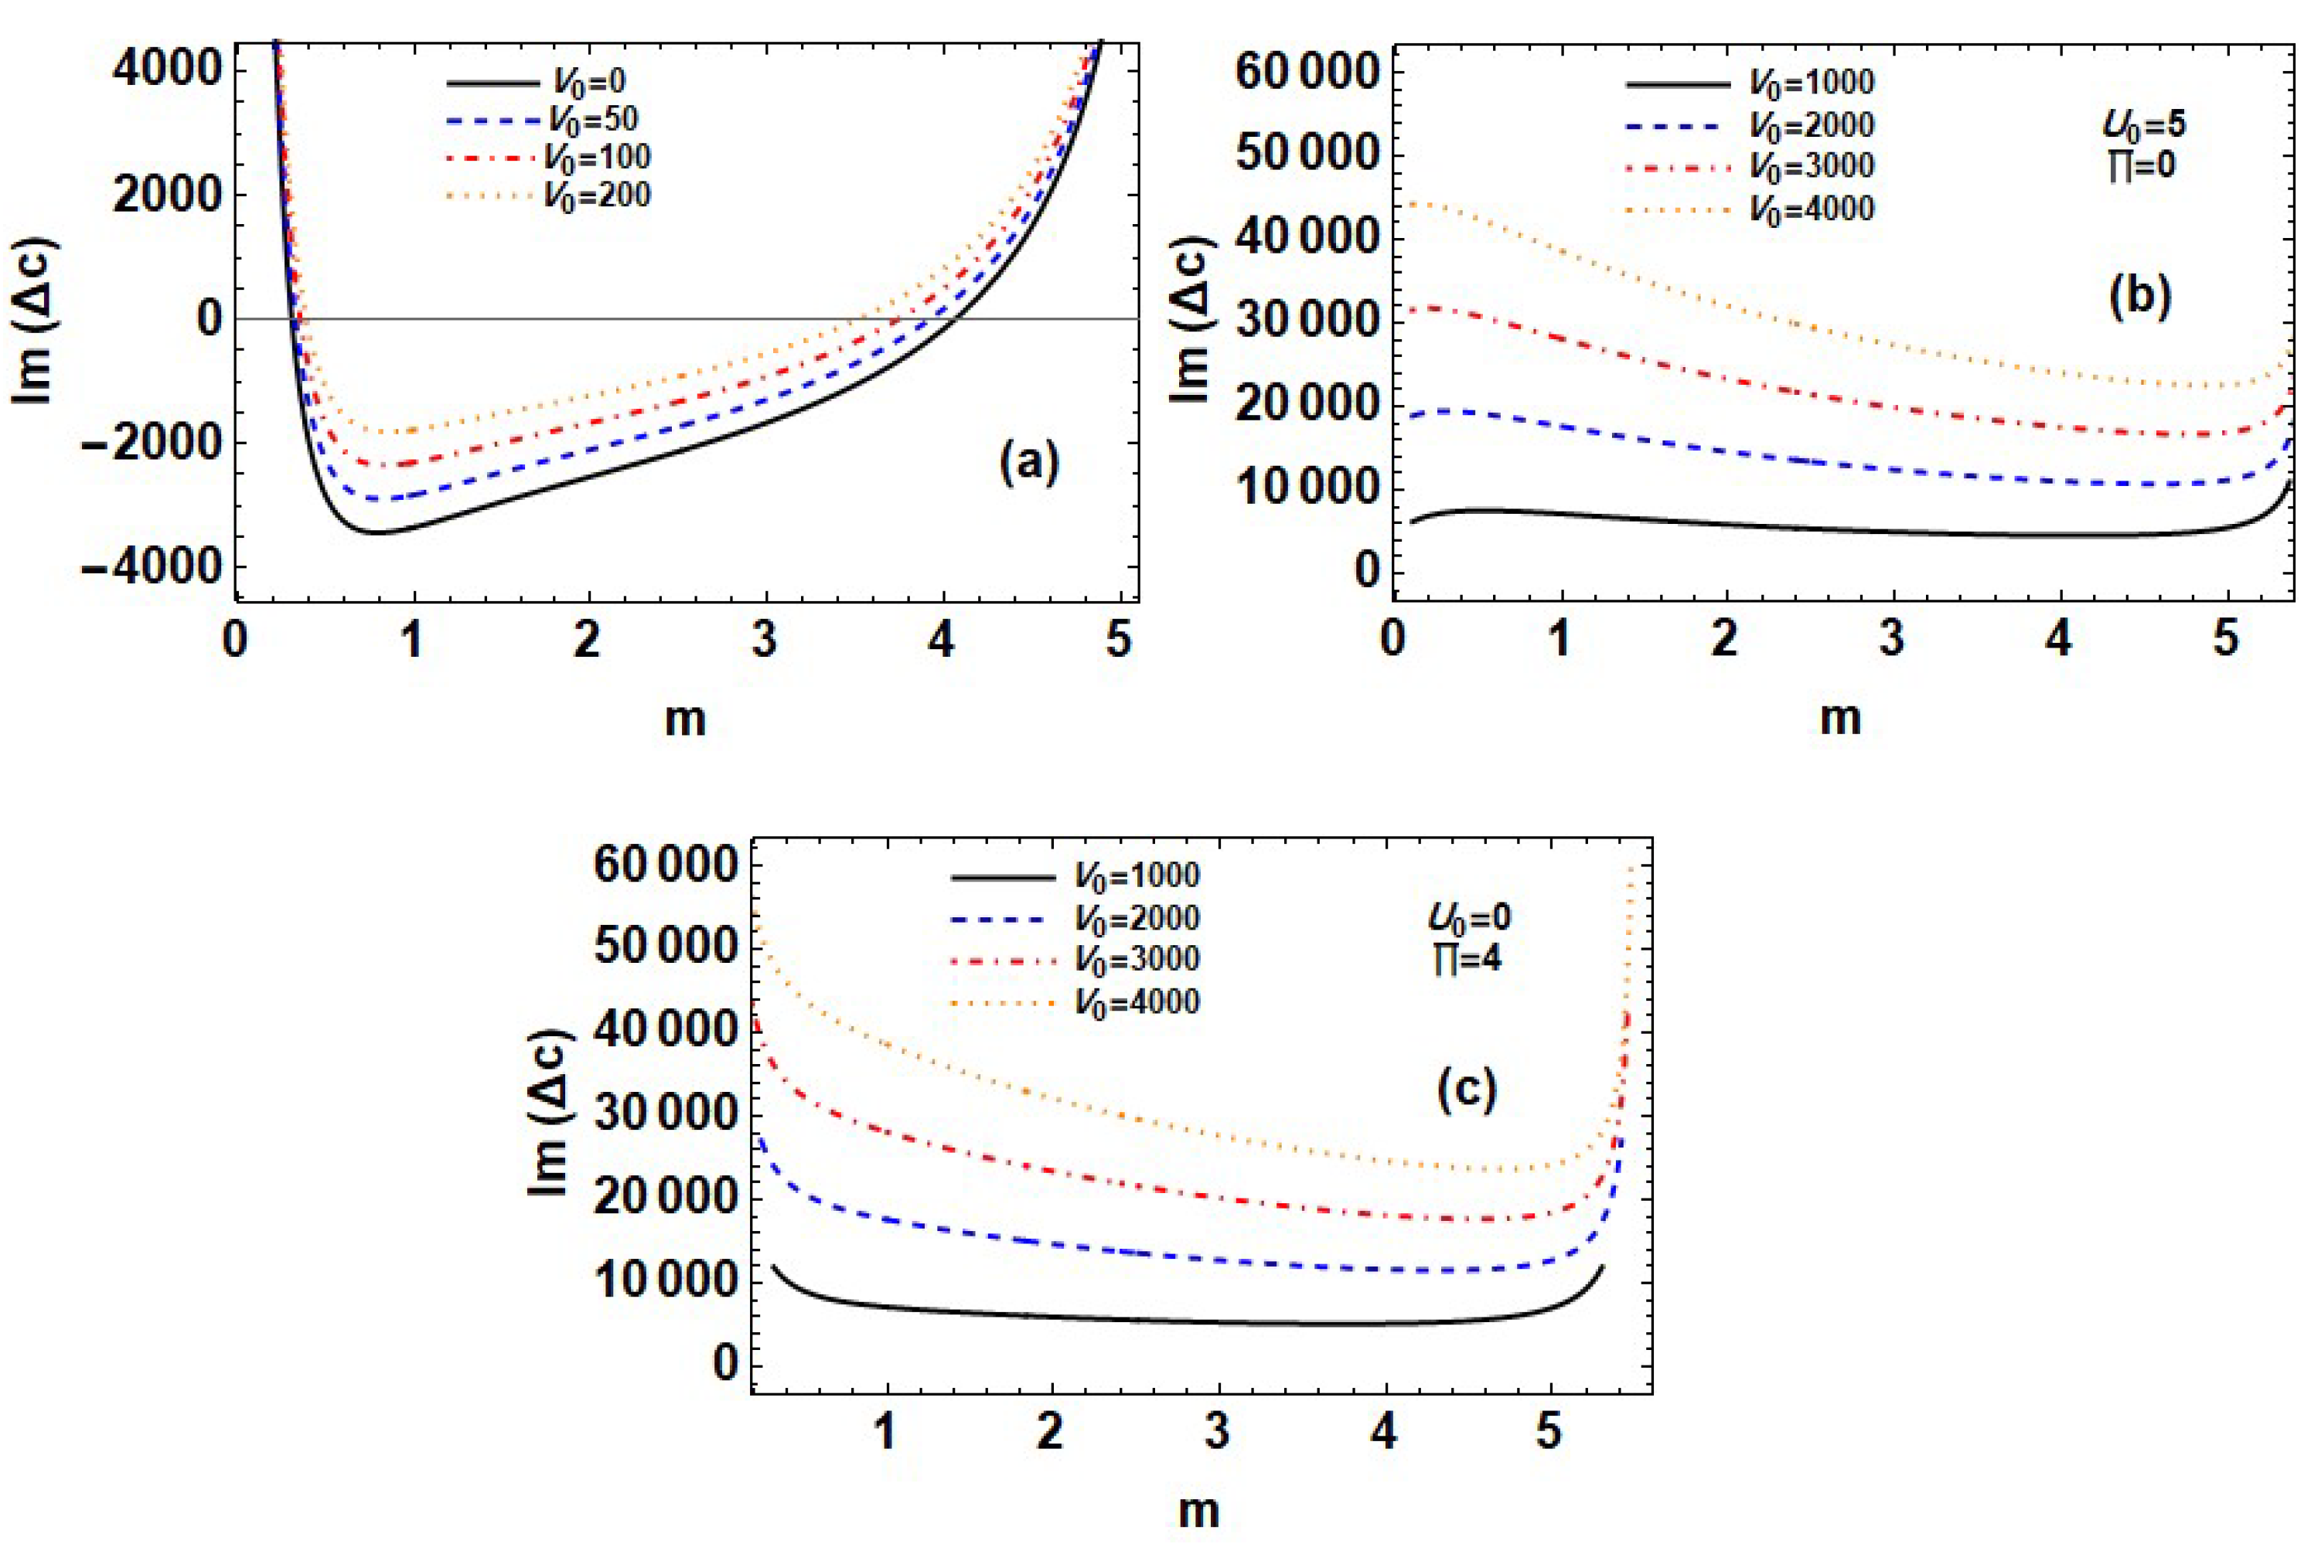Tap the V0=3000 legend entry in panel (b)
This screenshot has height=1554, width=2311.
[1750, 166]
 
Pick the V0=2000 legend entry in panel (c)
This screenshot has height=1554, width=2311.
[1075, 918]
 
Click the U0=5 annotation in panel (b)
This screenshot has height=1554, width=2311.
[2139, 125]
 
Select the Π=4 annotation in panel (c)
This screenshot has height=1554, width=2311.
[1467, 959]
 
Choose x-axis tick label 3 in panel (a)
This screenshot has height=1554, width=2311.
[765, 641]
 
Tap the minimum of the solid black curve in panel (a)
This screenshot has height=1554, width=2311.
[377, 533]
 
